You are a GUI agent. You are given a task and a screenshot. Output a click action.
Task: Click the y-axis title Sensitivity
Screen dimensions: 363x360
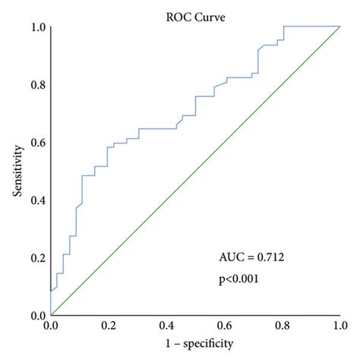[x=17, y=171]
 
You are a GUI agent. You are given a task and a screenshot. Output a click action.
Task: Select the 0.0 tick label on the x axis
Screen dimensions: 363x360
[x=51, y=325]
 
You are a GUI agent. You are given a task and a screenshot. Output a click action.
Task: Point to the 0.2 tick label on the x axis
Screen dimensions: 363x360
[x=109, y=325]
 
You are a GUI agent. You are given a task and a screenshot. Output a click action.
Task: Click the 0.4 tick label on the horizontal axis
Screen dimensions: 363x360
[x=166, y=325]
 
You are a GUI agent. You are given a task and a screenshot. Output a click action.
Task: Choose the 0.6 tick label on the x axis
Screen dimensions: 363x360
[x=224, y=325]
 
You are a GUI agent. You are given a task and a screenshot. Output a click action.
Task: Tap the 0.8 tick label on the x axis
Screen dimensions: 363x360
[x=282, y=325]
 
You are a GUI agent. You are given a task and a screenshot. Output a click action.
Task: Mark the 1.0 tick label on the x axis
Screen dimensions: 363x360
[x=339, y=325]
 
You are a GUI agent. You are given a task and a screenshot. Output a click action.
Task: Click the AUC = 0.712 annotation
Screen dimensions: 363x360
[x=252, y=257]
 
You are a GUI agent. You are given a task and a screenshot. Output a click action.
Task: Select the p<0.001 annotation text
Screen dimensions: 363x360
[x=240, y=279]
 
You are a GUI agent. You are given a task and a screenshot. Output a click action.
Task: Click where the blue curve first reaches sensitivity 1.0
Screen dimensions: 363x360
[x=283, y=27]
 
